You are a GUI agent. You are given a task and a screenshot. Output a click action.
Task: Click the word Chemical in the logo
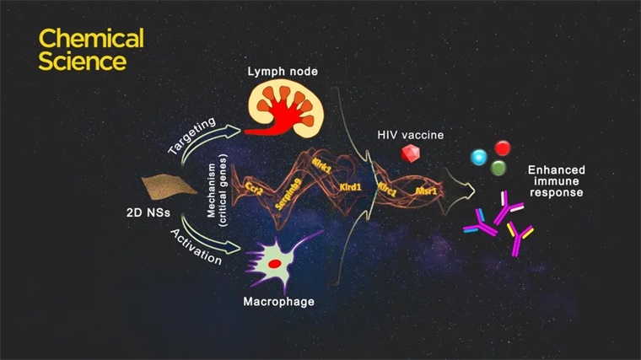tap(91, 38)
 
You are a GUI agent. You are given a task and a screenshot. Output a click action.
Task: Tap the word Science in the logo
tap(83, 61)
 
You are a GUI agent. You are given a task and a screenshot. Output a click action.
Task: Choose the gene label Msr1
tap(426, 191)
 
